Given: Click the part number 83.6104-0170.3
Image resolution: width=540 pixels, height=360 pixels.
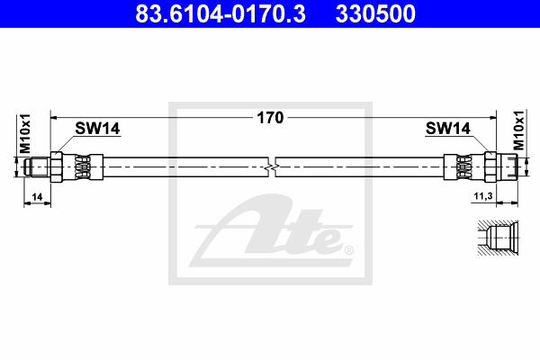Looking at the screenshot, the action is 220,13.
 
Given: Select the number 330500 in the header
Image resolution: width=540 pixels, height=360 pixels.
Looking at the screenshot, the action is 375,13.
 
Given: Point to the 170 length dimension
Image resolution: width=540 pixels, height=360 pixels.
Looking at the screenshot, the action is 270,118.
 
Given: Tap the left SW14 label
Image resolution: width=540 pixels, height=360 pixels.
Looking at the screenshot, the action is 97,129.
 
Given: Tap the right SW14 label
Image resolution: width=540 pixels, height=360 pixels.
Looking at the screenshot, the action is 447,129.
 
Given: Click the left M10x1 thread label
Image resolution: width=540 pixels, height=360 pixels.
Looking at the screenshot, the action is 25,134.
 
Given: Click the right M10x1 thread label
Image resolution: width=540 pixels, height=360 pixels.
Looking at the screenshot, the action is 518,130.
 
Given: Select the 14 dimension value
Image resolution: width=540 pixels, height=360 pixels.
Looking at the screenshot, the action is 37,197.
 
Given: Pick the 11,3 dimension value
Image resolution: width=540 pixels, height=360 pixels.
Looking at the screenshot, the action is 483,196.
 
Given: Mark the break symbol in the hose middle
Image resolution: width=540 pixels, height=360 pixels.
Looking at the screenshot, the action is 272,167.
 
